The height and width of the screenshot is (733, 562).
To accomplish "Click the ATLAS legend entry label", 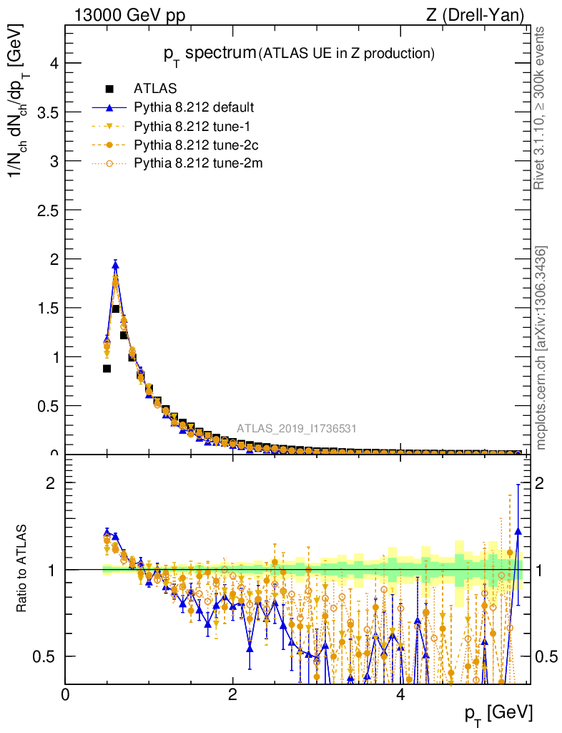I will click(x=155, y=89).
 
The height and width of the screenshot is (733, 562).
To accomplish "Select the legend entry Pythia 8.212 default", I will click(x=194, y=108).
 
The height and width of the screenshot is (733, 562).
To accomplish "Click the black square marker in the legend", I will click(x=110, y=89).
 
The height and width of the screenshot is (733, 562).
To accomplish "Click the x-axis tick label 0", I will click(x=66, y=694).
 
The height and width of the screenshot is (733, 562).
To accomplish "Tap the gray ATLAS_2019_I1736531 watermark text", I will click(x=297, y=429).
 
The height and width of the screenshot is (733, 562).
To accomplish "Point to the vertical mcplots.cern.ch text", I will click(x=541, y=347).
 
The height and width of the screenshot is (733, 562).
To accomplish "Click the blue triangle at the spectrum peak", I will click(x=115, y=265).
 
